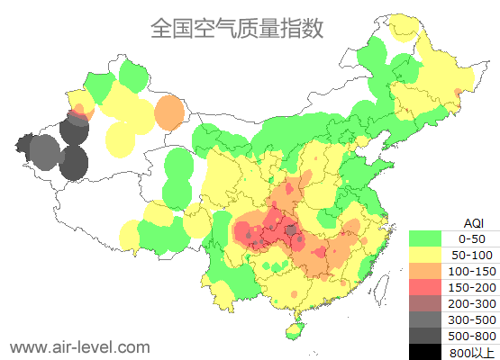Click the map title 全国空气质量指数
[236, 28]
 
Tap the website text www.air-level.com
[79, 346]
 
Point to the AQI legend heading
[473, 222]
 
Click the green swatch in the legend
[425, 238]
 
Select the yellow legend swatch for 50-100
[425, 255]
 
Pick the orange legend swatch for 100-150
[425, 271]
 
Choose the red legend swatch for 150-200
[425, 287]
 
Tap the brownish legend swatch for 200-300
[425, 303]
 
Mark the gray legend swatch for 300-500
[425, 319]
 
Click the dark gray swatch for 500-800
[425, 336]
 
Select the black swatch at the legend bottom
[425, 352]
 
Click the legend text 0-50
[472, 238]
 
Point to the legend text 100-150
[472, 271]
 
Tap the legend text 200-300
[472, 303]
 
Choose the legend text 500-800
[472, 336]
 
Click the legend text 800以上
[472, 352]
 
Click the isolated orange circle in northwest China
[168, 113]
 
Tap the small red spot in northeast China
[459, 93]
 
